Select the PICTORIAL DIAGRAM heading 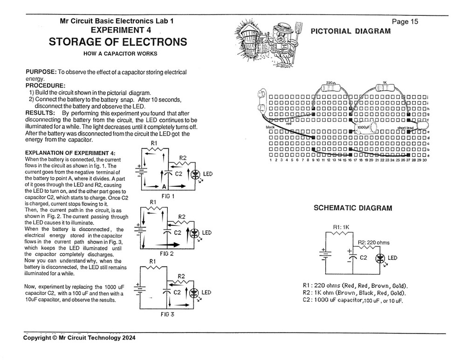[350, 31]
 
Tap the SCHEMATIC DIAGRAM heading [353, 208]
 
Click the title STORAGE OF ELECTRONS [118, 42]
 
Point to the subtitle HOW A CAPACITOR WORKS [120, 54]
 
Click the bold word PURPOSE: [41, 72]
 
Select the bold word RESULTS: [40, 113]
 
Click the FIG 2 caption [166, 254]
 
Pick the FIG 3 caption [167, 314]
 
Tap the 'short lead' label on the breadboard [405, 128]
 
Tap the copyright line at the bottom [80, 339]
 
